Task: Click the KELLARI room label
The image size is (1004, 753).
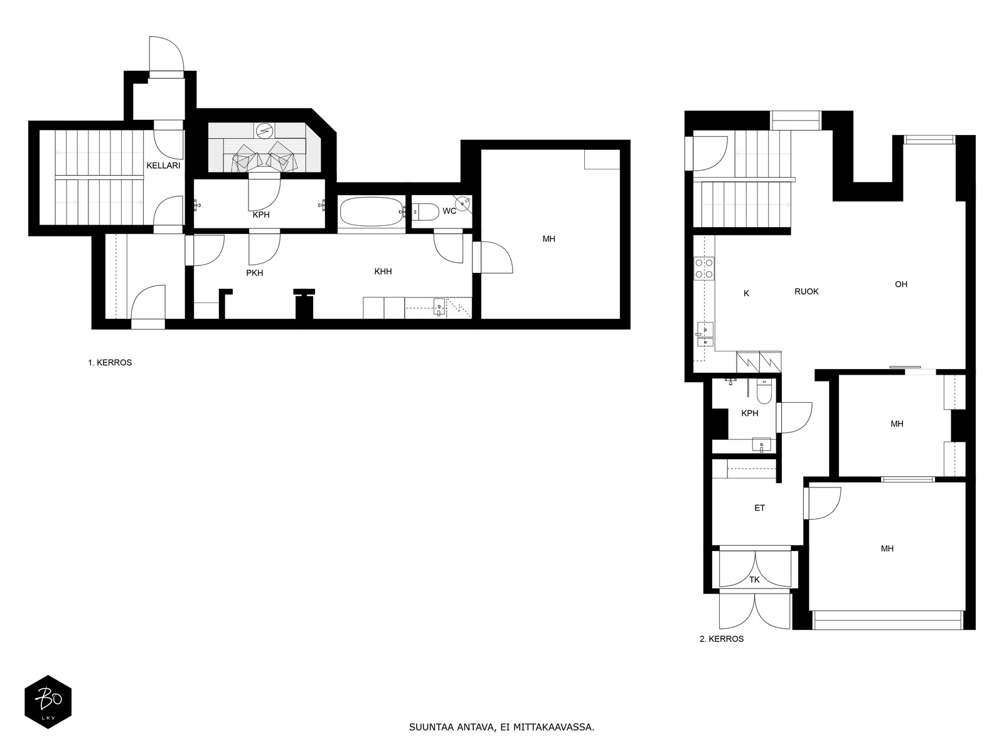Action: (163, 166)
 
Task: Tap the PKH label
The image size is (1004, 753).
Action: (255, 273)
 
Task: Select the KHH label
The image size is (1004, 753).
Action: (383, 272)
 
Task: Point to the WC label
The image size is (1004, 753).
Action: (449, 211)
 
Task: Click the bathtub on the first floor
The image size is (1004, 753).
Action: (371, 211)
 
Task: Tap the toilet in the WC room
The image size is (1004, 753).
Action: (425, 212)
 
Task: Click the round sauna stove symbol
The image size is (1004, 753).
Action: (264, 131)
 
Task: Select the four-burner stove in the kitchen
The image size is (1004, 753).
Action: (704, 269)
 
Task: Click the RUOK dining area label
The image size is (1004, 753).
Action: (806, 292)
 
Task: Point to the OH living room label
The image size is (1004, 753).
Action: (901, 284)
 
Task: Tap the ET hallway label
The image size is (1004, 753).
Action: (760, 508)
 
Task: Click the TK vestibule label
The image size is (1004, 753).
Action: (754, 580)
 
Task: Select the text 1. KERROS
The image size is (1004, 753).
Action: (110, 363)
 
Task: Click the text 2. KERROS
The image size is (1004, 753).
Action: (722, 639)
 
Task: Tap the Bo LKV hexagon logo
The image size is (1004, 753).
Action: (48, 702)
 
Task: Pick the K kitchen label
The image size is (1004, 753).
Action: (747, 294)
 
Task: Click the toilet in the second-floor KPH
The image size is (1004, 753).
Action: (764, 392)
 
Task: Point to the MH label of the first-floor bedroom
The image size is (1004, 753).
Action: (549, 238)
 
